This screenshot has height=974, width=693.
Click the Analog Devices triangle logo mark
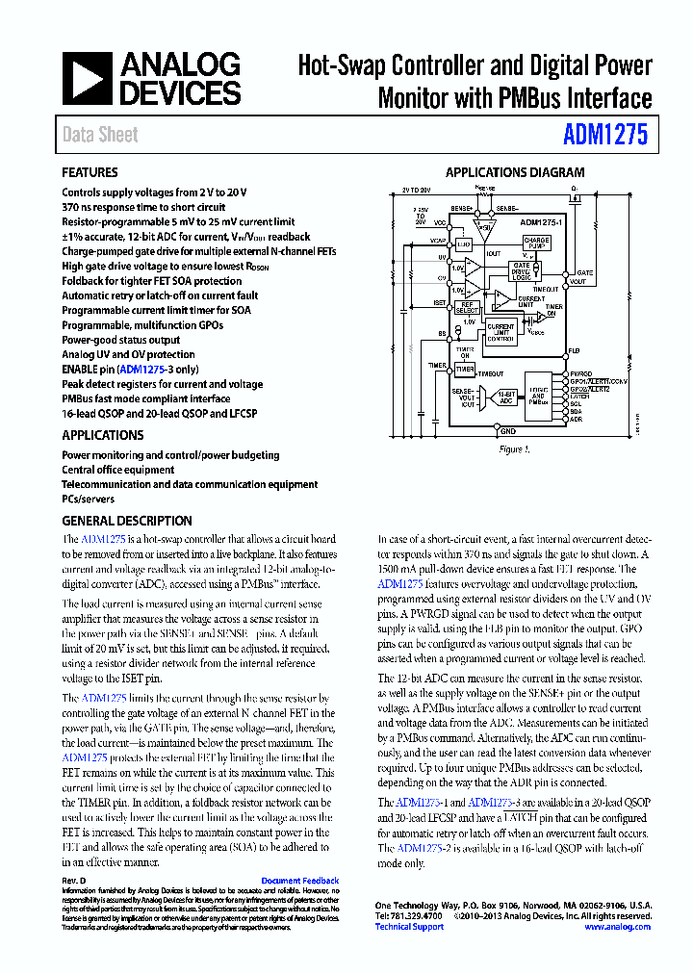[x=88, y=79]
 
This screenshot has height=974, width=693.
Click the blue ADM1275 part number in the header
[x=605, y=134]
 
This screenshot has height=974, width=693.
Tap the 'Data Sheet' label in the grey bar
[x=100, y=135]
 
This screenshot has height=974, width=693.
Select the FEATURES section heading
[x=90, y=173]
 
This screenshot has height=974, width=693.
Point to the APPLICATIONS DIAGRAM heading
[x=514, y=173]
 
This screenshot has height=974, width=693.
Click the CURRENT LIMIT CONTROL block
[x=500, y=332]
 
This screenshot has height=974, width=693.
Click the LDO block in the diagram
[x=464, y=245]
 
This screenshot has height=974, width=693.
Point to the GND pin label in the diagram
[x=494, y=433]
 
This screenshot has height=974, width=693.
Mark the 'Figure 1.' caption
[x=513, y=449]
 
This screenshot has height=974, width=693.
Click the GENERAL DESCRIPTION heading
[x=126, y=521]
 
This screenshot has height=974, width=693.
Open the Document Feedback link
[x=299, y=881]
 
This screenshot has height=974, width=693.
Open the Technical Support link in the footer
[x=409, y=927]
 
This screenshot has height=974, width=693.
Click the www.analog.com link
[x=617, y=927]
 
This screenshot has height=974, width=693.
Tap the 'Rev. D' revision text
[x=74, y=881]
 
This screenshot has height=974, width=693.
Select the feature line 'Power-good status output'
[x=120, y=340]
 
